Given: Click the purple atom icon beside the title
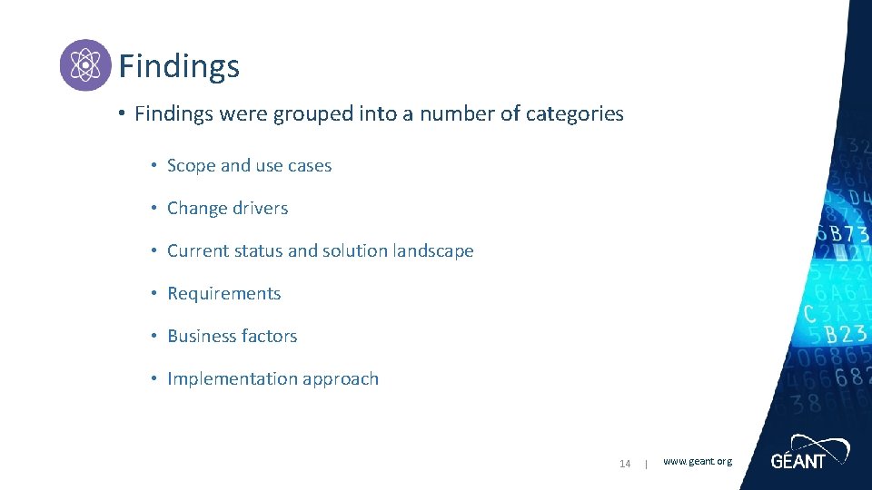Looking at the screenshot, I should tap(85, 65).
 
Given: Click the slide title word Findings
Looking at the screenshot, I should tap(179, 66).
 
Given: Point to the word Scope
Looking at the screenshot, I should tap(191, 166).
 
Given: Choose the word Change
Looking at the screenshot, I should tap(196, 209).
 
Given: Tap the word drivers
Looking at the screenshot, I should tap(259, 209).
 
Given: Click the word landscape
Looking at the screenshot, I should tap(431, 251).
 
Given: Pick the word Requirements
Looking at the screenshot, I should tap(224, 294).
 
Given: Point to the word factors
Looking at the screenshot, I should tap(268, 337).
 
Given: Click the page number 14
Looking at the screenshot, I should tap(625, 464).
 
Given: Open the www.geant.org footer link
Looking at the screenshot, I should tap(697, 462).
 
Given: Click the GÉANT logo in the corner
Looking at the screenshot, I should tap(808, 453).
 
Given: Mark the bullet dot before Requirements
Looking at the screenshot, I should tap(156, 293).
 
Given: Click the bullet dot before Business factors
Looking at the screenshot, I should tap(156, 336).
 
